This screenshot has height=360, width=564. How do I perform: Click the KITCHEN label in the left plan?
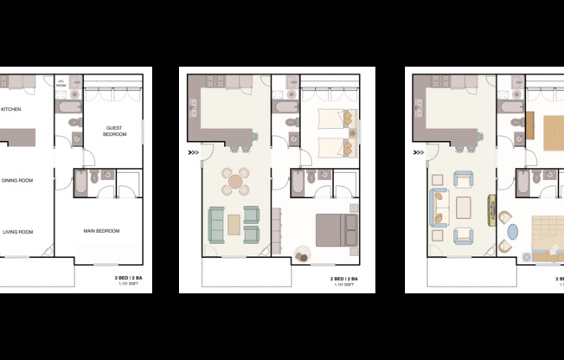pos(11,109)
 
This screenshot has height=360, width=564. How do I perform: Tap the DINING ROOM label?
pos(16,180)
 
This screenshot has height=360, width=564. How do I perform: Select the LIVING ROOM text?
pos(16,231)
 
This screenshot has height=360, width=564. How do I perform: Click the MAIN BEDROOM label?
pos(102,231)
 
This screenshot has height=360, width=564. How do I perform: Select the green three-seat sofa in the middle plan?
pos(215,224)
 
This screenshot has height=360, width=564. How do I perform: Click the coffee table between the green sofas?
pos(234,224)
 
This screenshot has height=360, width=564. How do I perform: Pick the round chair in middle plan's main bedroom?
pos(304,254)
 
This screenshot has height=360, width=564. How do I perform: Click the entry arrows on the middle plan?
pos(193,153)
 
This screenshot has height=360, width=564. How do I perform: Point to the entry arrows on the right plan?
pos(419,153)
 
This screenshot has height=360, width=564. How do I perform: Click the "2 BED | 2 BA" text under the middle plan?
pos(343,279)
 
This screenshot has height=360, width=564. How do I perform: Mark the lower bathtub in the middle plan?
pos(298,183)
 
